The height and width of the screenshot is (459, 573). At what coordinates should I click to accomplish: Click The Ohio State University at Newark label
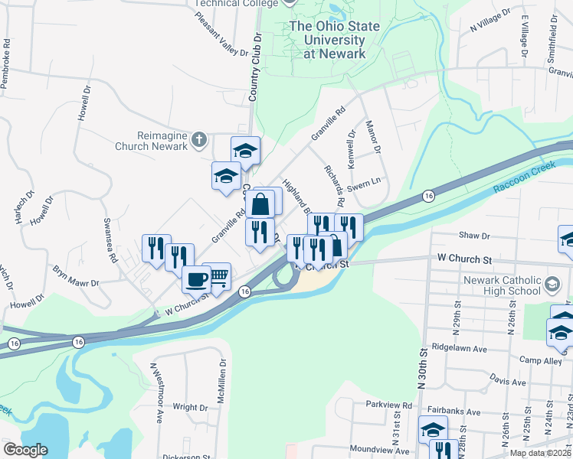tap(334, 40)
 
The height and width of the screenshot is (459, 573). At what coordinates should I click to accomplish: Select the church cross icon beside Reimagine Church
tap(199, 139)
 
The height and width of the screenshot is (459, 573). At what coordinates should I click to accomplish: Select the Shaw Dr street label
tap(474, 237)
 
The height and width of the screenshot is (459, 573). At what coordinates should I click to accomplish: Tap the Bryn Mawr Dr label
tap(77, 276)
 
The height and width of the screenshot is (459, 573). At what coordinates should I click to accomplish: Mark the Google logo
tap(25, 450)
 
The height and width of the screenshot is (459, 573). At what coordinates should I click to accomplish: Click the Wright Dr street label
tap(190, 408)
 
